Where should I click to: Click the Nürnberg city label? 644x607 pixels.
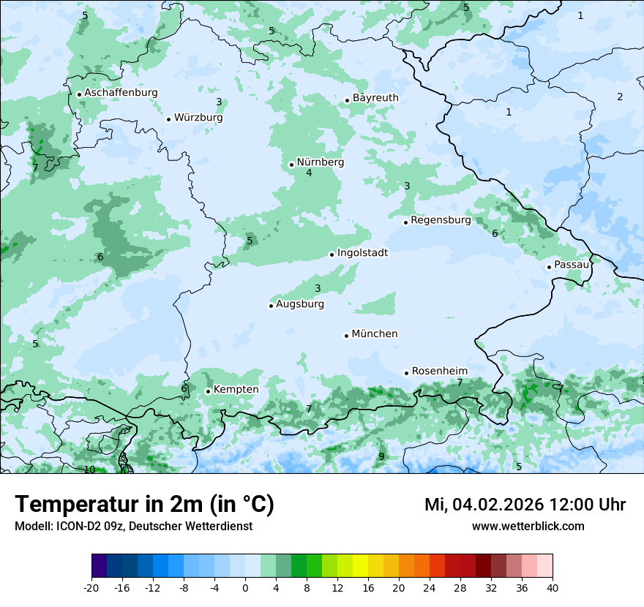[x=320, y=162]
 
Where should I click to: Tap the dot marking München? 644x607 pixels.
[x=346, y=336]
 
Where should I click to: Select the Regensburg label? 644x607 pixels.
[x=441, y=220]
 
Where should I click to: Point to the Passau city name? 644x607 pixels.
[x=572, y=265]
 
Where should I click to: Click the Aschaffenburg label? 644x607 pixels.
[x=121, y=93]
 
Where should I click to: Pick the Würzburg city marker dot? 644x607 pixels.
[x=168, y=119]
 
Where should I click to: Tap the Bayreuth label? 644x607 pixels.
[x=375, y=98]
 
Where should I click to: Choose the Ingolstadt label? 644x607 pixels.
[x=362, y=253]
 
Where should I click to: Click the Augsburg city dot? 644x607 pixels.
[x=271, y=306]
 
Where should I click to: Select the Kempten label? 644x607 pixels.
[x=236, y=390]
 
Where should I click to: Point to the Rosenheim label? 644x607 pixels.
[x=439, y=372]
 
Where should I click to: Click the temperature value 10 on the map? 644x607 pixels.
[x=89, y=470]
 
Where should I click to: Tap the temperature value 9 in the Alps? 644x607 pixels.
[x=381, y=456]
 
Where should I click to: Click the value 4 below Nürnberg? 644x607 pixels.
[x=309, y=173]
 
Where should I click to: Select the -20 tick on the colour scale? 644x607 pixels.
[x=91, y=587]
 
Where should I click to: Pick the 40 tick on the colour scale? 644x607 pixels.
[x=552, y=587]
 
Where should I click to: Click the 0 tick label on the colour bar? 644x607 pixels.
[x=245, y=587]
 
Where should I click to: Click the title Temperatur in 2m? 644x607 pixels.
[x=145, y=504]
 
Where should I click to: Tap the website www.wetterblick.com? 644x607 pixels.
[x=528, y=526]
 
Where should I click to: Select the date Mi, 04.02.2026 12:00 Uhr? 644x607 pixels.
[x=525, y=505]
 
